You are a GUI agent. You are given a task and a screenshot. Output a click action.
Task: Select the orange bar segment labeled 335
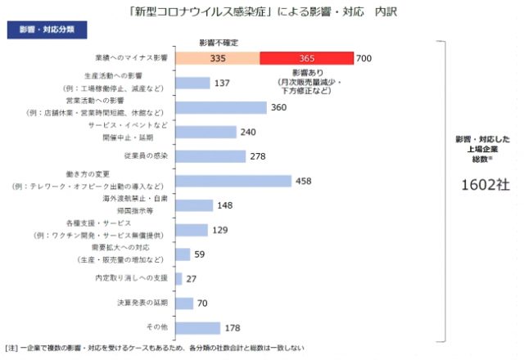point(218,58)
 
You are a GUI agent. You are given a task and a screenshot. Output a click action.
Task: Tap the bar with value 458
point(233,181)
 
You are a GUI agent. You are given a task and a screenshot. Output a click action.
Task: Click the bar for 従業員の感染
point(210,156)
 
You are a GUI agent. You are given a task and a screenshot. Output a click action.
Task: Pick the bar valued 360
point(221,107)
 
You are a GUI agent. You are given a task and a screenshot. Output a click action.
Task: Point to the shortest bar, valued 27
point(178,279)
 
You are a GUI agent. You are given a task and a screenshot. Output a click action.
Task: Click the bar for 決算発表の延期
point(184,304)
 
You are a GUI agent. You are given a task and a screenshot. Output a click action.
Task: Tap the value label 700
point(365,58)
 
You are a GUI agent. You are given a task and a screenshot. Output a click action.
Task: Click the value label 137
point(222,83)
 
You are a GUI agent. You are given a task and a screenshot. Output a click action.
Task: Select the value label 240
point(249,133)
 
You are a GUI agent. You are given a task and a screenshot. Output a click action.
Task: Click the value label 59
point(200,254)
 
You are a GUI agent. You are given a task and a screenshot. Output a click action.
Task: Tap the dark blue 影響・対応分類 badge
point(47,30)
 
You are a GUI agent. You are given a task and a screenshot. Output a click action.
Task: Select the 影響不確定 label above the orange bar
point(218,42)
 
